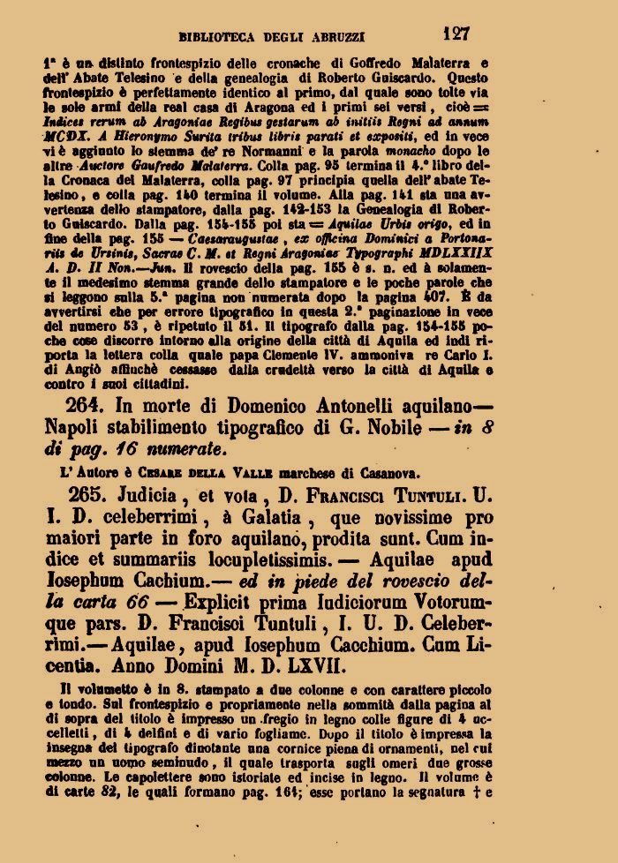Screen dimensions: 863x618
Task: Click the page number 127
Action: point(456,34)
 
